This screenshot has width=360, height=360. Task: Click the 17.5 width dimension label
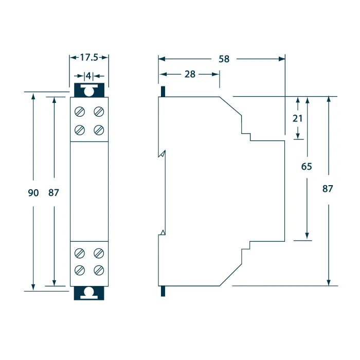[x=89, y=58]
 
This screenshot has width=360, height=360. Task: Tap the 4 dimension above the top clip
[x=88, y=76]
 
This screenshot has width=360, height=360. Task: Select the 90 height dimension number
[x=33, y=193]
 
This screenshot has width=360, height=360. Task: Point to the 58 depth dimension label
[x=224, y=59]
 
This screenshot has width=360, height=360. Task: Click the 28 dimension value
[x=190, y=74]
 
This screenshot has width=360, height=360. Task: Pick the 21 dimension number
[x=298, y=118]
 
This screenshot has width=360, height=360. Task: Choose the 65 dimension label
[x=307, y=167]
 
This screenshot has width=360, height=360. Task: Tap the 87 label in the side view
[x=328, y=189]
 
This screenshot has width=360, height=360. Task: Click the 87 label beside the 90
[x=53, y=193]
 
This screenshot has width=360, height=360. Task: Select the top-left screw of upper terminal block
[x=80, y=112]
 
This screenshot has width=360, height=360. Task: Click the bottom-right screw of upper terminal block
[x=99, y=130]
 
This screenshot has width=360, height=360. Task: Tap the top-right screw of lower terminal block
[x=99, y=253]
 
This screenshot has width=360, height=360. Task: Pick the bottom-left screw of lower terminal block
[x=80, y=270]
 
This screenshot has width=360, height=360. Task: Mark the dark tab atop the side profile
[x=163, y=92]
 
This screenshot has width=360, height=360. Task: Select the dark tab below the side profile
[x=163, y=291]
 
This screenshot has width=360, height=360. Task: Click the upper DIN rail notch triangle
[x=163, y=154]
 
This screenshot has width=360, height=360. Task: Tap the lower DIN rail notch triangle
[x=163, y=232]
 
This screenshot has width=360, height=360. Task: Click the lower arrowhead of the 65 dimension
[x=307, y=236]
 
